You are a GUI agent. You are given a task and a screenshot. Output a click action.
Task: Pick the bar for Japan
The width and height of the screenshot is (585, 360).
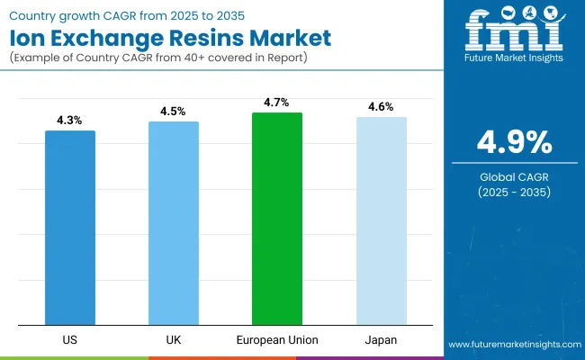[382, 221]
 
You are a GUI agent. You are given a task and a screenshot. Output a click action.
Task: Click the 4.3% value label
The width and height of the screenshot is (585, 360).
[70, 120]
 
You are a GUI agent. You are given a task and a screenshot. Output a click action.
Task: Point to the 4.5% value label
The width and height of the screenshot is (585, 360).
[174, 111]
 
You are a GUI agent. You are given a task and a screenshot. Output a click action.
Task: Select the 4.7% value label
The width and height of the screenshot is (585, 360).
[277, 102]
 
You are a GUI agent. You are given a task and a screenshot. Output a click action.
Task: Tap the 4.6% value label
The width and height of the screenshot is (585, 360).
[382, 106]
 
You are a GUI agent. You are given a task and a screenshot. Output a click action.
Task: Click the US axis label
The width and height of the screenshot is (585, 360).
[70, 339]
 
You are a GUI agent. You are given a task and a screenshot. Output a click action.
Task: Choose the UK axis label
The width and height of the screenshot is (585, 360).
[174, 339]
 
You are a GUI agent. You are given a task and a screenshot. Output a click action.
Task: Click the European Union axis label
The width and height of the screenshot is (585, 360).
[277, 339]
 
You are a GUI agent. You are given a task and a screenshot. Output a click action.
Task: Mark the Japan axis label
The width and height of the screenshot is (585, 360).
[382, 339]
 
